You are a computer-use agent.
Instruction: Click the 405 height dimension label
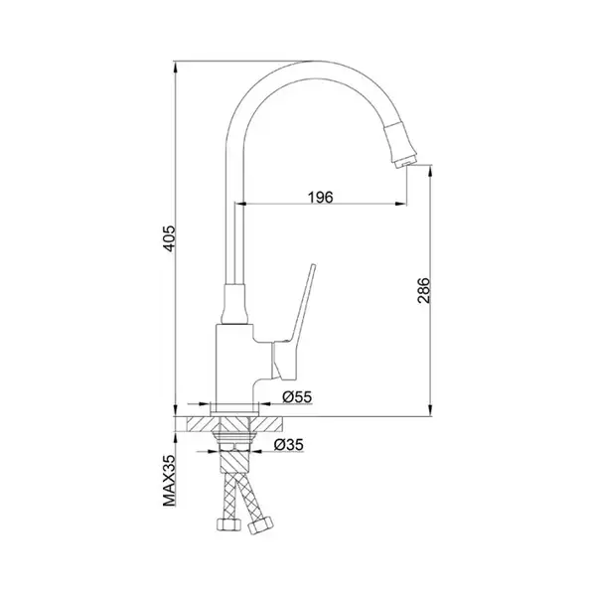(x=170, y=238)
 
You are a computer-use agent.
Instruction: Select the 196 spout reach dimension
(x=320, y=198)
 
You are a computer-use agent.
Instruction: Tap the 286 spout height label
(x=423, y=290)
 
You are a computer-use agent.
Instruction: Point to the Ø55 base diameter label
(x=297, y=396)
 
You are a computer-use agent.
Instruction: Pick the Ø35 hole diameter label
(x=289, y=444)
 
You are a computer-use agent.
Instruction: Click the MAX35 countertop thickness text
(x=170, y=481)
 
